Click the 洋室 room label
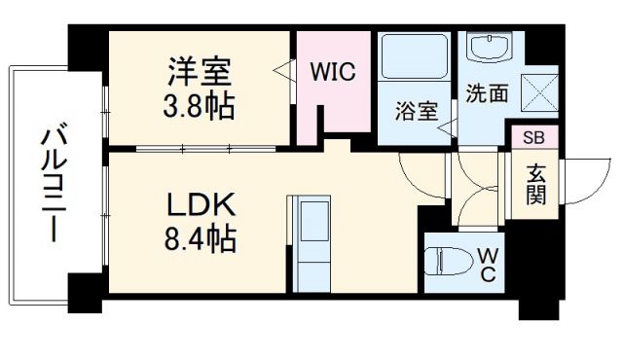point(200,73)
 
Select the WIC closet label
point(333,72)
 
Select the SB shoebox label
point(534,137)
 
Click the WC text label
point(488,265)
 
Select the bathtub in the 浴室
point(414,59)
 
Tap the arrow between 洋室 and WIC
point(281,71)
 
